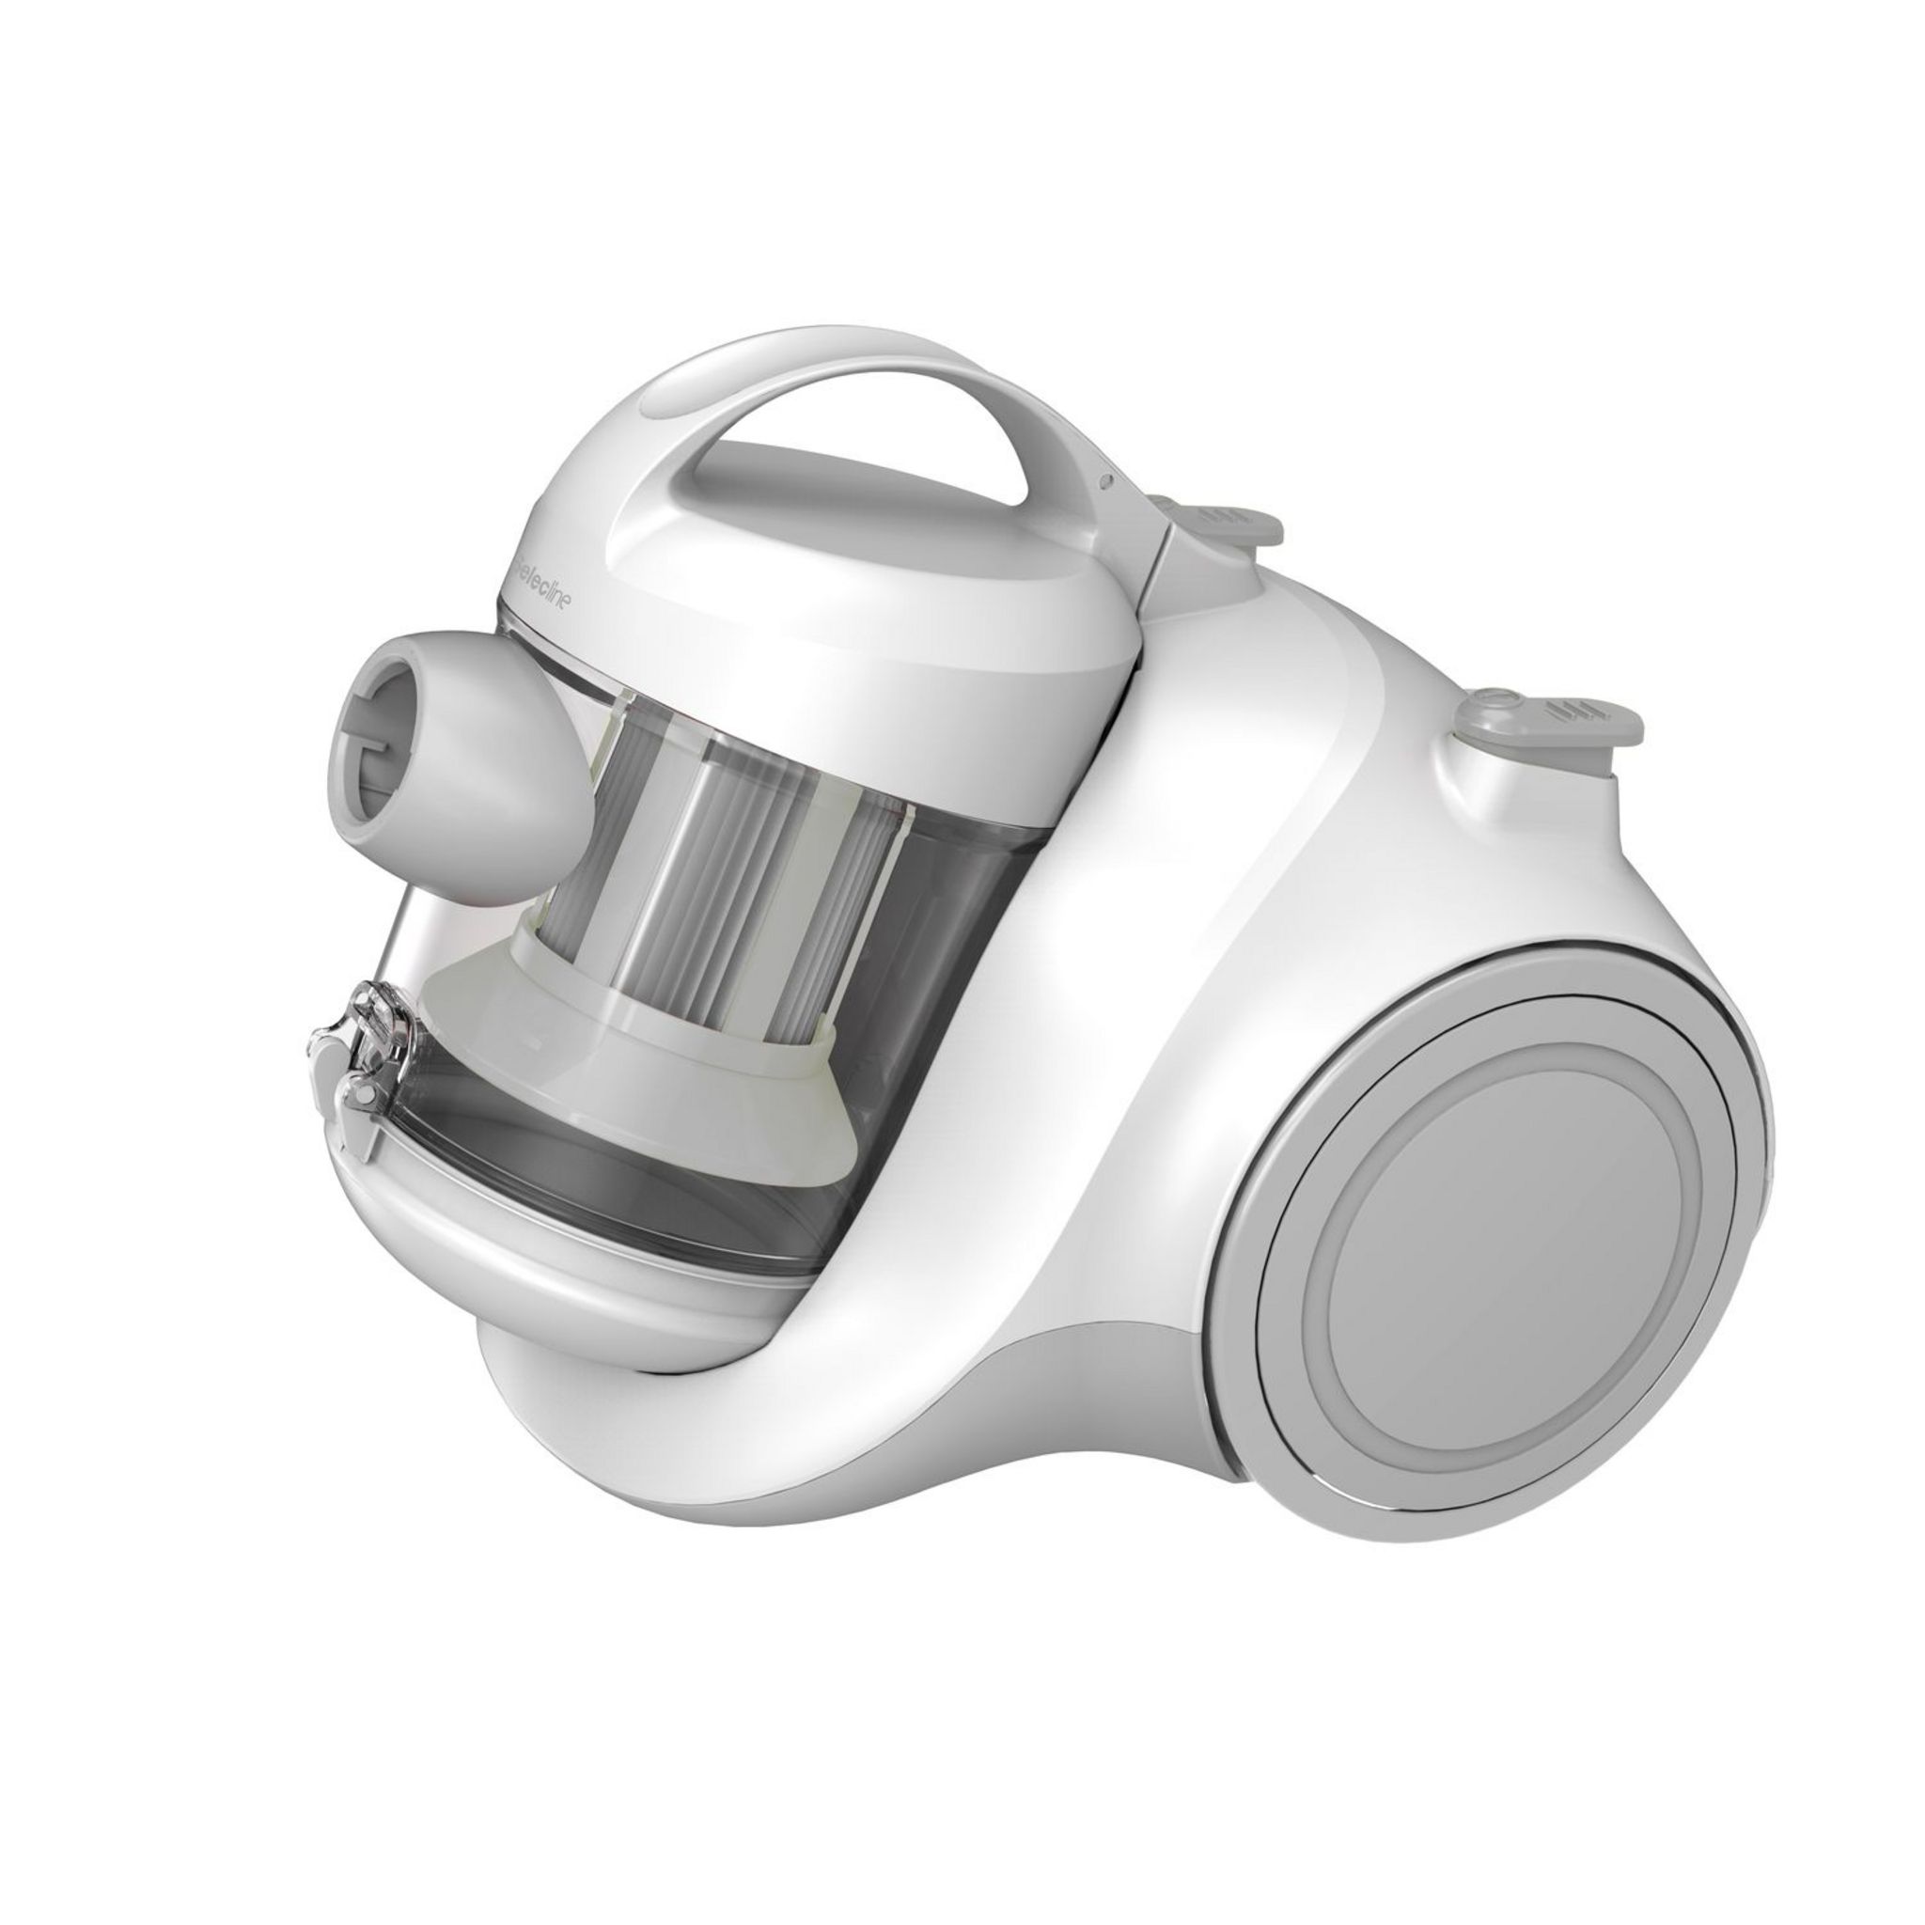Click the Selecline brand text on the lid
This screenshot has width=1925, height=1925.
pyautogui.click(x=553, y=588)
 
